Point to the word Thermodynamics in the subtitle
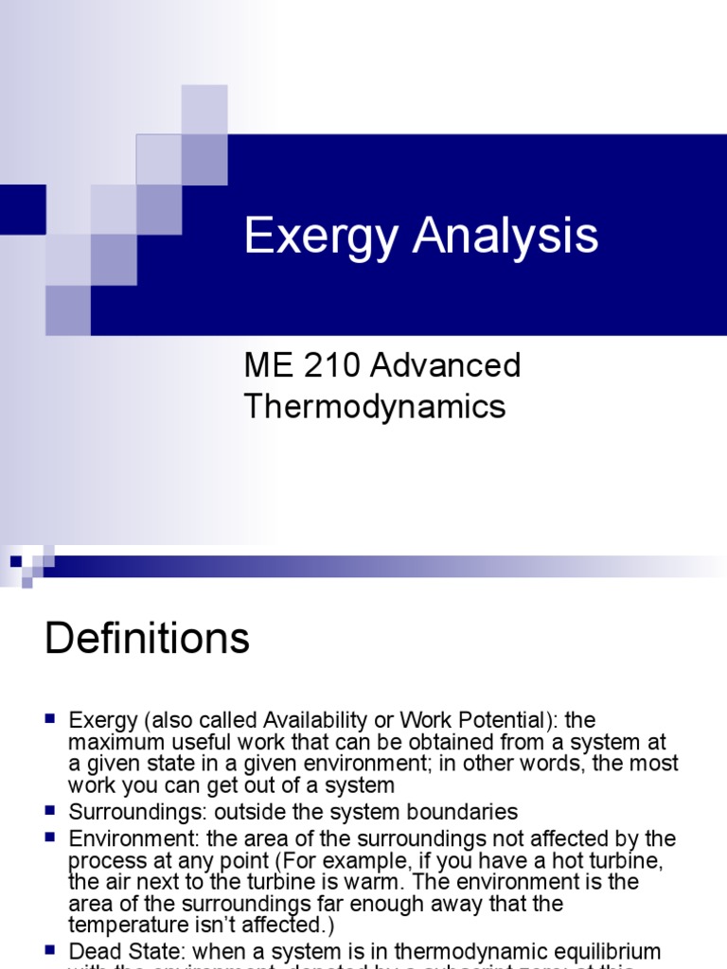[x=375, y=406]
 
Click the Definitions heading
[x=147, y=640]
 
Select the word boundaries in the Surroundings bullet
[x=463, y=812]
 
